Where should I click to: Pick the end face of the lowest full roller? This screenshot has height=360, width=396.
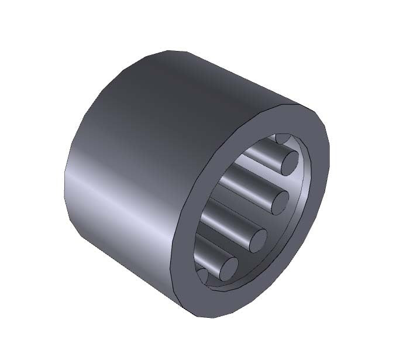[x=226, y=269]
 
